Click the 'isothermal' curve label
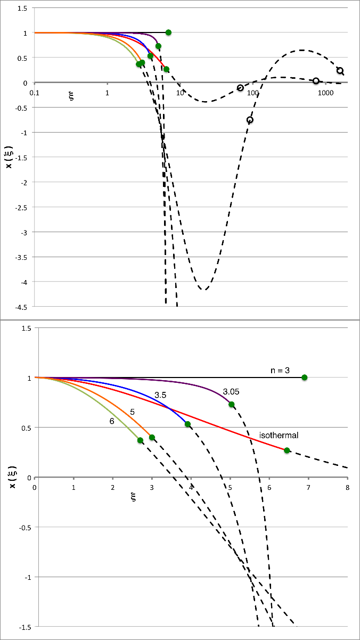click(279, 436)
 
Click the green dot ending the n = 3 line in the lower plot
click(305, 378)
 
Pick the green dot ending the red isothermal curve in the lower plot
click(287, 450)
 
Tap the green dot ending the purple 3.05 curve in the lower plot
click(232, 405)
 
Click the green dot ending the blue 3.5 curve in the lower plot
click(187, 424)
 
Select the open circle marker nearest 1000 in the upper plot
click(316, 81)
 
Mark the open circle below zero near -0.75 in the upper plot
click(250, 120)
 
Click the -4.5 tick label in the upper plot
click(22, 306)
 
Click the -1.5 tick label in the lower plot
click(23, 627)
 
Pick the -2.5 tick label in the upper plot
click(22, 207)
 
